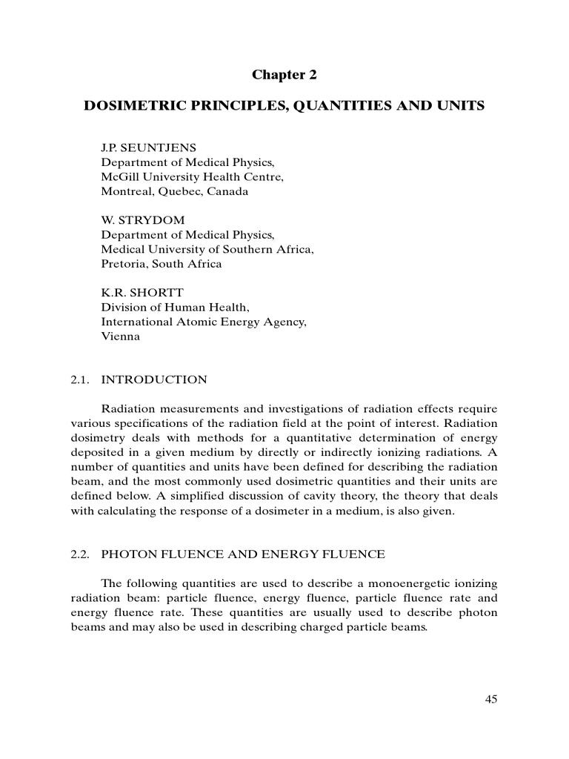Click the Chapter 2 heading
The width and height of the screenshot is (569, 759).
[284, 74]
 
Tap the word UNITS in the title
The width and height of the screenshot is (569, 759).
[459, 106]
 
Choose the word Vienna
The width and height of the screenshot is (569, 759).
[120, 337]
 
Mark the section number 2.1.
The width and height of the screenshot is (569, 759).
[80, 379]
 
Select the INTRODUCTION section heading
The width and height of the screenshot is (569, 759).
[154, 379]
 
